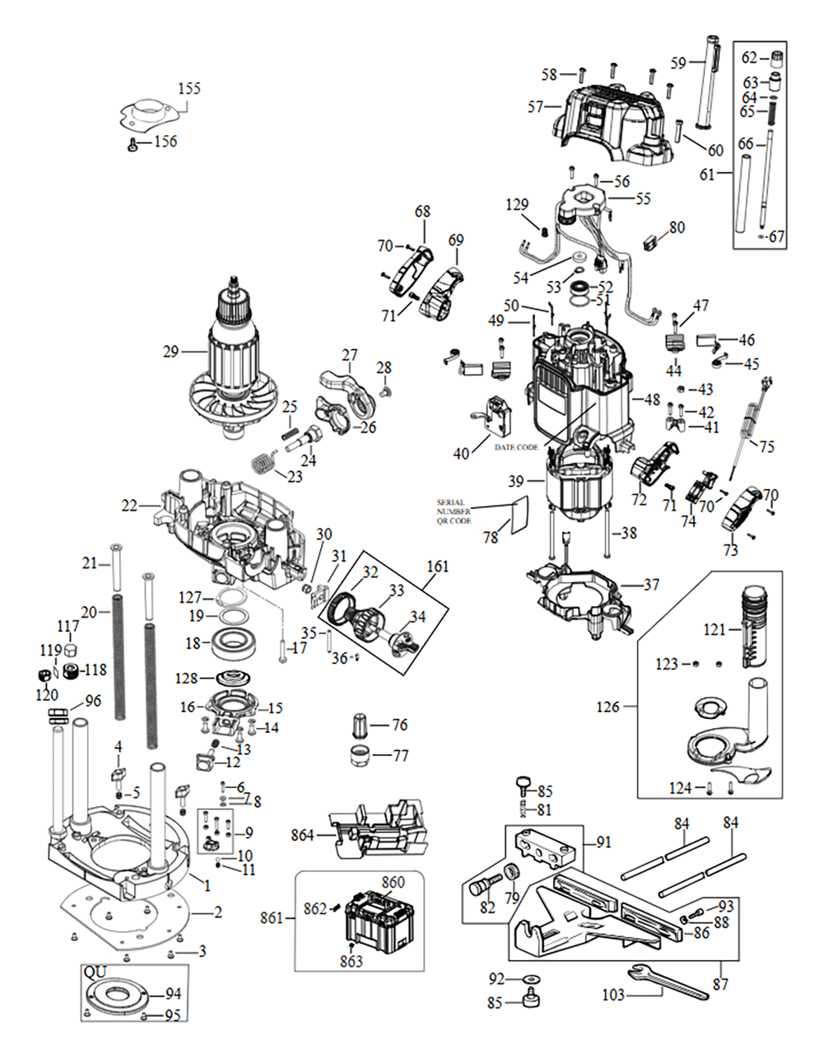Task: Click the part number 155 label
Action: (x=189, y=88)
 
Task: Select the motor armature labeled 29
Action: (x=239, y=362)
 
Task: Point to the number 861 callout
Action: (x=274, y=917)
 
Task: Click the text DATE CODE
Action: (x=517, y=447)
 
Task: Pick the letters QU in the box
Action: (x=95, y=972)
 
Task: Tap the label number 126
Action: (x=607, y=707)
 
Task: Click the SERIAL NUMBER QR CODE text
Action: (x=454, y=511)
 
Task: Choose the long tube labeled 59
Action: (x=708, y=82)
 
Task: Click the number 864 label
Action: (x=303, y=834)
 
